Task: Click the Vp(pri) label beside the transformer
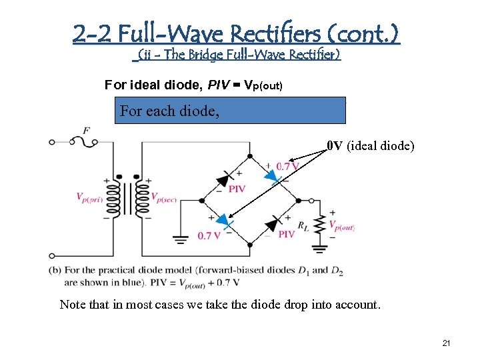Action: pyautogui.click(x=90, y=197)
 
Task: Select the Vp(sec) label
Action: pyautogui.click(x=163, y=197)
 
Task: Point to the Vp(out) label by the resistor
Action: pyautogui.click(x=343, y=227)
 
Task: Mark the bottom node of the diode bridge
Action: pyautogui.click(x=249, y=245)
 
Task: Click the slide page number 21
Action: pyautogui.click(x=446, y=343)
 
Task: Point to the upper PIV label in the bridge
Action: pyautogui.click(x=237, y=189)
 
